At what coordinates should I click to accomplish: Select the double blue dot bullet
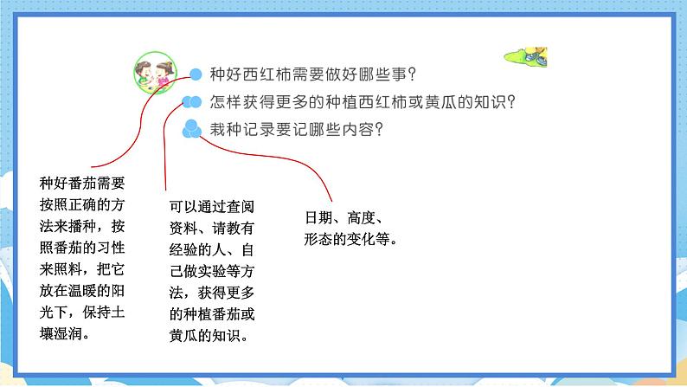pyautogui.click(x=191, y=102)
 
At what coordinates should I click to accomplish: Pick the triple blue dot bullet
pyautogui.click(x=191, y=129)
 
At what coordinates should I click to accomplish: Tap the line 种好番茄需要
pyautogui.click(x=82, y=183)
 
